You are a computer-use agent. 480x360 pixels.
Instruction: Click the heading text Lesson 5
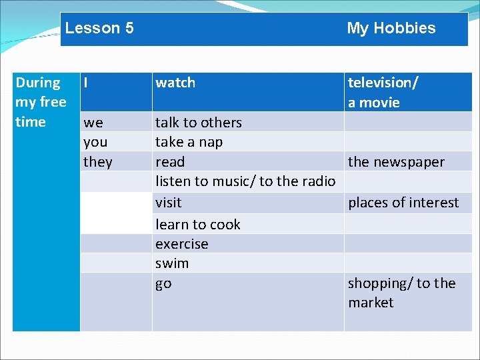pyautogui.click(x=99, y=28)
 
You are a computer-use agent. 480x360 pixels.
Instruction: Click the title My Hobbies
pyautogui.click(x=391, y=28)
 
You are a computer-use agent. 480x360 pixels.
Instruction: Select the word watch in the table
pyautogui.click(x=175, y=83)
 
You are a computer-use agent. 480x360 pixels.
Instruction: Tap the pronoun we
pyautogui.click(x=93, y=123)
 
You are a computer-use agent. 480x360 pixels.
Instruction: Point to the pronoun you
pyautogui.click(x=96, y=142)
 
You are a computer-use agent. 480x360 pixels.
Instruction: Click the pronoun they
pyautogui.click(x=97, y=162)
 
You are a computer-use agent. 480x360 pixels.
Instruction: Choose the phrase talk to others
pyautogui.click(x=199, y=123)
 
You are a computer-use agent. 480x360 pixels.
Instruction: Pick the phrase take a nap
pyautogui.click(x=189, y=142)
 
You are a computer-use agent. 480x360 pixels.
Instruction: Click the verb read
pyautogui.click(x=170, y=162)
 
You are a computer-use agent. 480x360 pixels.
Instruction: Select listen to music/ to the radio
pyautogui.click(x=245, y=182)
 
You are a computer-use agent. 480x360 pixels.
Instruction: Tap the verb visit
pyautogui.click(x=168, y=203)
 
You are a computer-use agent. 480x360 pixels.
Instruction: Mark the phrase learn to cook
pyautogui.click(x=197, y=225)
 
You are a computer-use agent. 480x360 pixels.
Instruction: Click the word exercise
pyautogui.click(x=181, y=244)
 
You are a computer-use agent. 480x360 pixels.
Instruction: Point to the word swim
pyautogui.click(x=172, y=263)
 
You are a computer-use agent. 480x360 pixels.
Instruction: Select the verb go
pyautogui.click(x=163, y=284)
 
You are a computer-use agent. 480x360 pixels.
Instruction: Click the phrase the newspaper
pyautogui.click(x=396, y=162)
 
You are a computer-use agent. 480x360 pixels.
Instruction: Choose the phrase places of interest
pyautogui.click(x=403, y=203)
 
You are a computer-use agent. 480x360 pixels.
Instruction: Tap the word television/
pyautogui.click(x=383, y=83)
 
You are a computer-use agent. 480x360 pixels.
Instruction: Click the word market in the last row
pyautogui.click(x=371, y=303)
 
